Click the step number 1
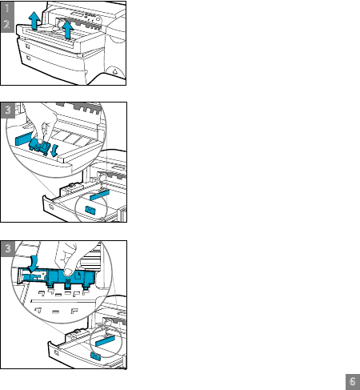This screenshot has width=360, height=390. tap(7, 8)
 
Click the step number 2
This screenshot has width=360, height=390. tap(7, 24)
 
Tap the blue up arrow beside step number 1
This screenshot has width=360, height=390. tap(34, 20)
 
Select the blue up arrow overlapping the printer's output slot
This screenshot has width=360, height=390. tap(68, 30)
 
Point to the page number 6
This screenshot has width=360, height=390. tap(353, 381)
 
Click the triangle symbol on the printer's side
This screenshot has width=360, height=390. tap(115, 71)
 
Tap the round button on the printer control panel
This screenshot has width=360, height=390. tap(98, 19)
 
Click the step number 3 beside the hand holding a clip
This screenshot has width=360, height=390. tap(8, 110)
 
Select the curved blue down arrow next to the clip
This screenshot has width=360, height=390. tap(55, 151)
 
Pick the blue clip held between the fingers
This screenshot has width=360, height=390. tap(40, 147)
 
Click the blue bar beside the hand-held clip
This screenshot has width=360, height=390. tap(24, 139)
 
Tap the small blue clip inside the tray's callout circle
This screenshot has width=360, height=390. tap(90, 211)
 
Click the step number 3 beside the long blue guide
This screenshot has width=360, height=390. tap(8, 248)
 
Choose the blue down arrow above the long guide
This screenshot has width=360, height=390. tap(34, 264)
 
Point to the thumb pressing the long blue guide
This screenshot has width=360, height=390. tap(69, 271)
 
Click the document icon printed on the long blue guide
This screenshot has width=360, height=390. tap(78, 275)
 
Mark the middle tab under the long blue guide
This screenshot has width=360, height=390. tap(68, 283)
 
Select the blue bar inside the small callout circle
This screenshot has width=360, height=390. tap(105, 341)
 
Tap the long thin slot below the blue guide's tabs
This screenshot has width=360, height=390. tap(63, 301)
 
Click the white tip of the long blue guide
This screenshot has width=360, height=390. tap(19, 276)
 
